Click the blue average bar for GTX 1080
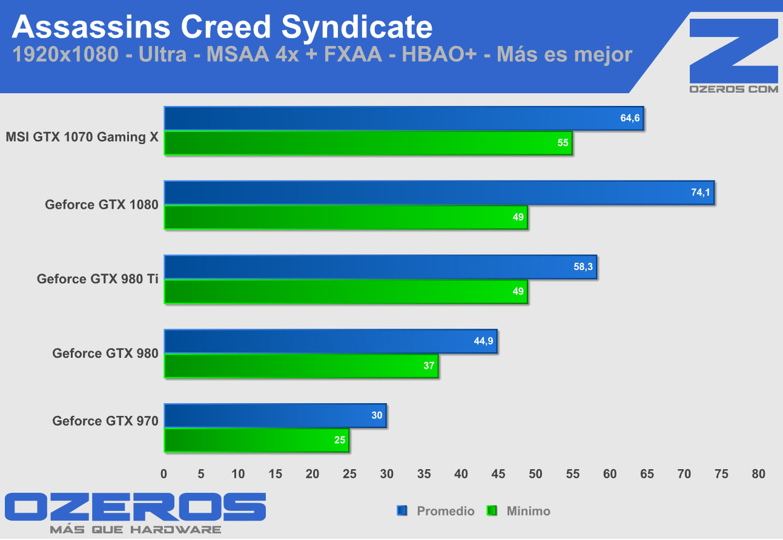pyautogui.click(x=440, y=193)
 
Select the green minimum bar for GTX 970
pyautogui.click(x=257, y=440)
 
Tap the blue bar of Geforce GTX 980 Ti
pyautogui.click(x=380, y=267)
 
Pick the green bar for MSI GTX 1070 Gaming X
pyautogui.click(x=368, y=143)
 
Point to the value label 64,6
pyautogui.click(x=630, y=118)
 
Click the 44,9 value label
pyautogui.click(x=483, y=341)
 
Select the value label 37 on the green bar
pyautogui.click(x=429, y=366)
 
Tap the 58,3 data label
pyautogui.click(x=583, y=267)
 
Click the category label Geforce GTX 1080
pyautogui.click(x=101, y=205)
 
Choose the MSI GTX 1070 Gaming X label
pyautogui.click(x=82, y=137)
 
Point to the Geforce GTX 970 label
pyautogui.click(x=105, y=421)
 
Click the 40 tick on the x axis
pyautogui.click(x=461, y=474)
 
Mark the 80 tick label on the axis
pyautogui.click(x=759, y=474)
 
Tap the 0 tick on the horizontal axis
pyautogui.click(x=164, y=474)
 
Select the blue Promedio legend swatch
pyautogui.click(x=402, y=511)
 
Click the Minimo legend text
pyautogui.click(x=529, y=511)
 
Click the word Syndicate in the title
pyautogui.click(x=357, y=28)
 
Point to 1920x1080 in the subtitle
pyautogui.click(x=65, y=54)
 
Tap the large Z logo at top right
pyautogui.click(x=733, y=50)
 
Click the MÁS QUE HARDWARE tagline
pyautogui.click(x=135, y=530)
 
